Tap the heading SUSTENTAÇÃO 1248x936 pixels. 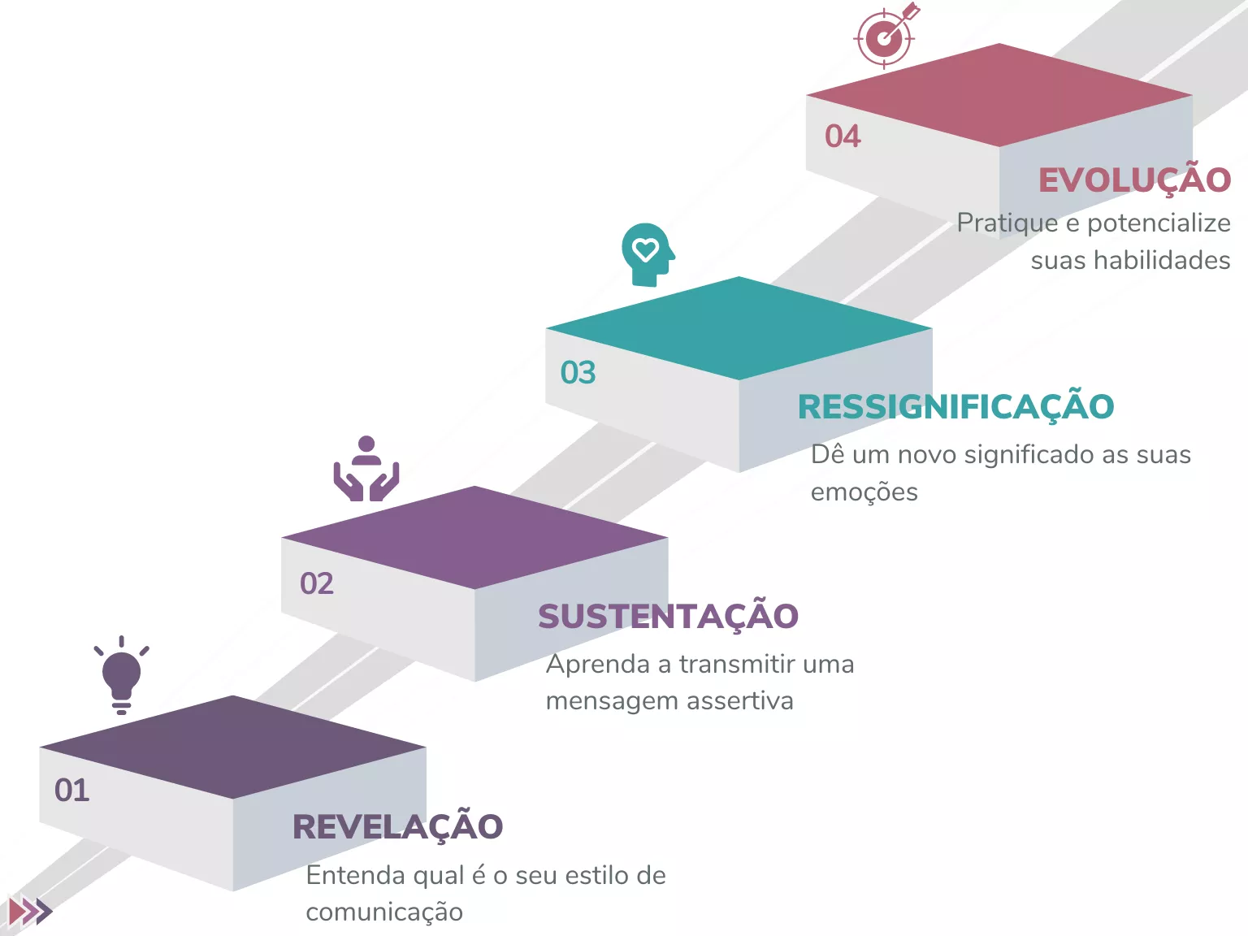(668, 616)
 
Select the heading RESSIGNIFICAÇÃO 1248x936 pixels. (955, 405)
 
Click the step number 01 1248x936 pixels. (71, 790)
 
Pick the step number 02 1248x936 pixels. (317, 583)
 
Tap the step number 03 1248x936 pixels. (578, 373)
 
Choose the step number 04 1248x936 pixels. (843, 136)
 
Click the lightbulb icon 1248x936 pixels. (122, 675)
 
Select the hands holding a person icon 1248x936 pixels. (366, 468)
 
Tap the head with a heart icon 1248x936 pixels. (648, 254)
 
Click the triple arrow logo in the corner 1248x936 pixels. (30, 911)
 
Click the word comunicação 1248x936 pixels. (384, 912)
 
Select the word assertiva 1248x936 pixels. (739, 700)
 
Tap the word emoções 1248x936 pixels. (864, 492)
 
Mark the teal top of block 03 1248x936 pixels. (739, 328)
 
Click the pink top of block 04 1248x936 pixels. (999, 95)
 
